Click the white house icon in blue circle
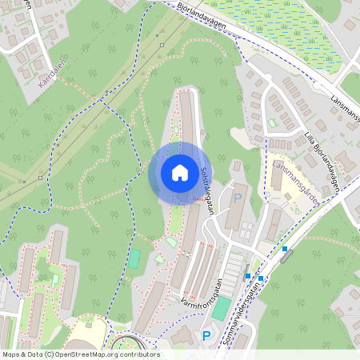(x=179, y=172)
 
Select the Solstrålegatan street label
(x=206, y=191)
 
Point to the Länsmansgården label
(x=296, y=181)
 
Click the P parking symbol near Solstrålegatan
(x=237, y=196)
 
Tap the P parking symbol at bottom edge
(x=206, y=337)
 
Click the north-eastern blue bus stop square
(x=284, y=249)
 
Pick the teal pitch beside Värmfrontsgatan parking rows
(x=221, y=309)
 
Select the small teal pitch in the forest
(x=134, y=259)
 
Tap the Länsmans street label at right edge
(x=346, y=109)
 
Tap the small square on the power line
(x=162, y=45)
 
